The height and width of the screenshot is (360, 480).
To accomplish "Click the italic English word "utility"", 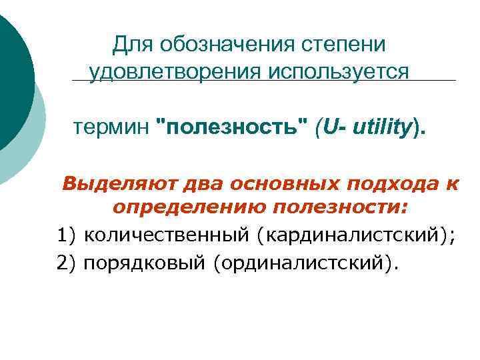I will (x=377, y=127).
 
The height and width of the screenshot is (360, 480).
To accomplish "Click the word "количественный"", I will (x=169, y=235).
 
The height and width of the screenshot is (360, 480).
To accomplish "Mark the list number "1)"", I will (x=67, y=235).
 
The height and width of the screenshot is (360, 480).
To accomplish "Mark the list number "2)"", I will (x=67, y=262).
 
